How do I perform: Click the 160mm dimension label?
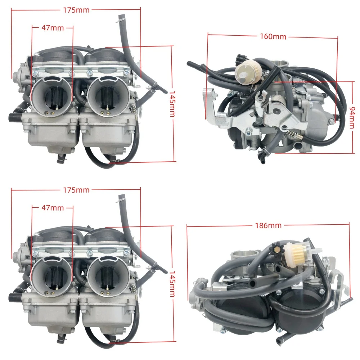[273, 37]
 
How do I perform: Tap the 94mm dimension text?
[352, 117]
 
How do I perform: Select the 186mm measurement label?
[268, 226]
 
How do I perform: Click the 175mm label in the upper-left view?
[76, 10]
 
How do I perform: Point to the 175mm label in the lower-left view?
[76, 190]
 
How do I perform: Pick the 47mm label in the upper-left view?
[53, 28]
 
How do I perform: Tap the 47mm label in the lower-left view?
[53, 208]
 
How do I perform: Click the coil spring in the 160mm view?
[293, 135]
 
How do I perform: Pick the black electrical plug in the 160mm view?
[239, 58]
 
